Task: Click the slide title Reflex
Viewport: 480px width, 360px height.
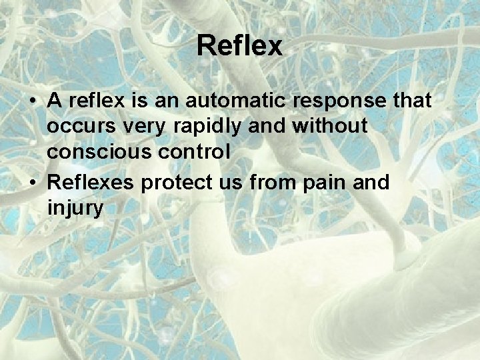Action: (240, 47)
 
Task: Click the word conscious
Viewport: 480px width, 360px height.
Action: (99, 152)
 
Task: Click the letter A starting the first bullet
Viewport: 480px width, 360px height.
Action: (55, 101)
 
